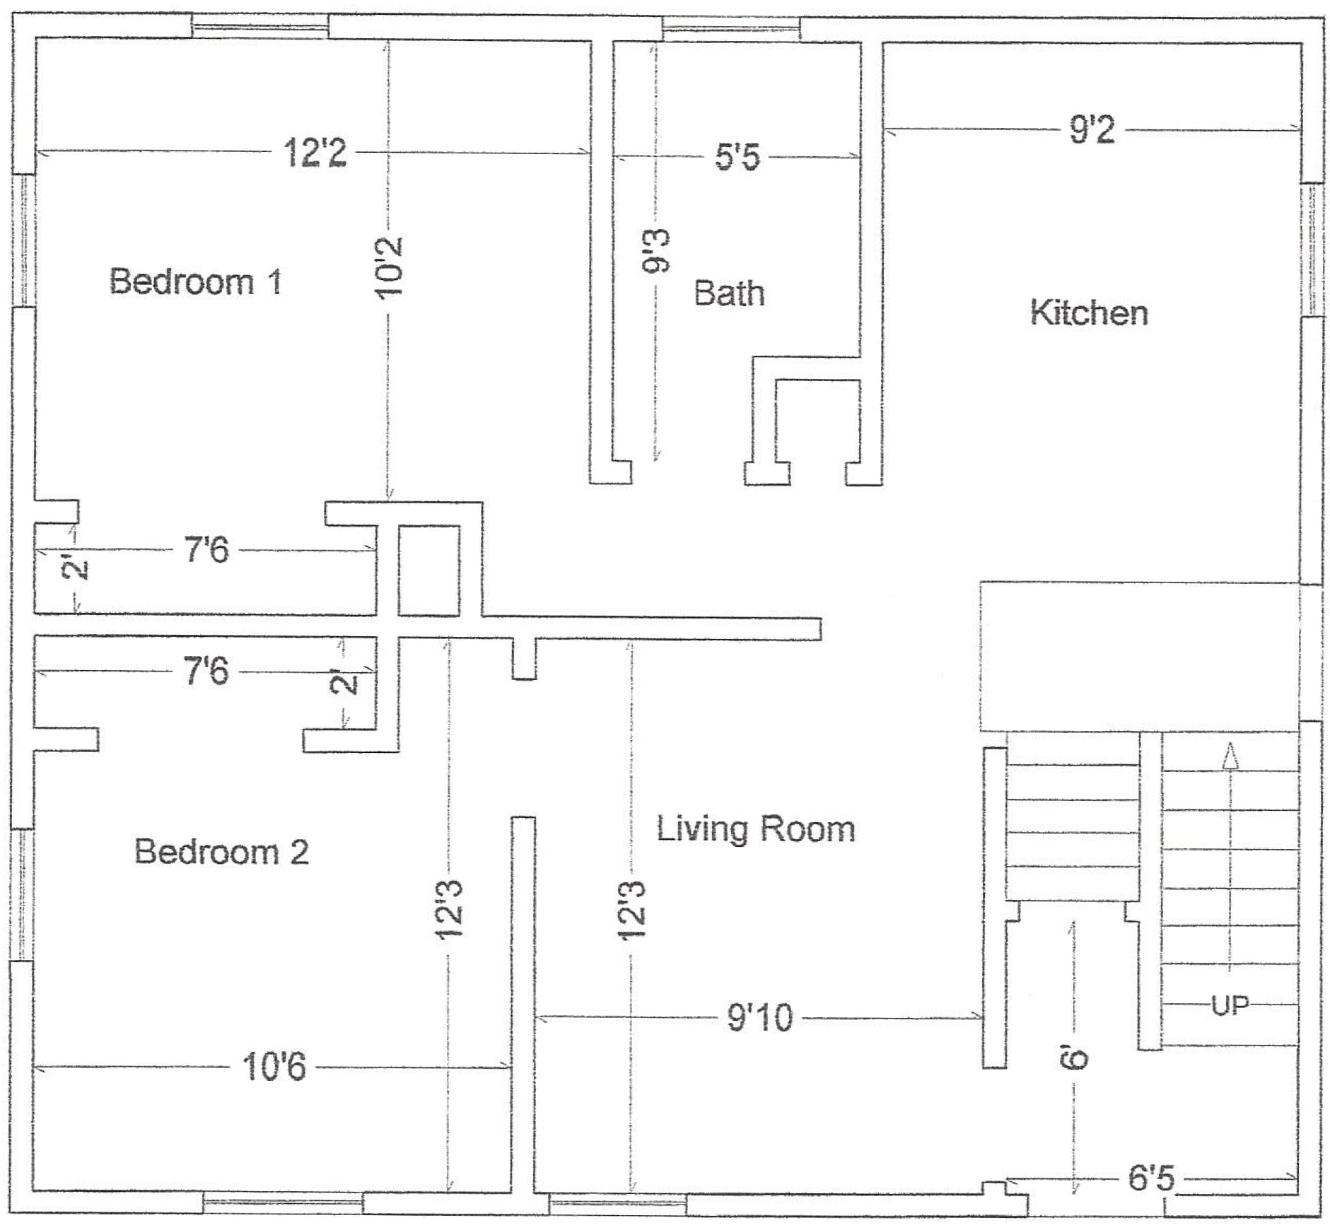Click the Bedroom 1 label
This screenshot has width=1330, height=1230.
click(196, 281)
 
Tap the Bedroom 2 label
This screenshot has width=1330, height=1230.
click(221, 851)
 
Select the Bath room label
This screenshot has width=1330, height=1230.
click(729, 293)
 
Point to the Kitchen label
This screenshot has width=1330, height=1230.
click(1089, 312)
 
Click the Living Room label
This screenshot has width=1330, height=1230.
click(756, 828)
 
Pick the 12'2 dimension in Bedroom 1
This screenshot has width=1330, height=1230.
click(315, 153)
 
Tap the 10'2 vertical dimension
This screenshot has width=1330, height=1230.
click(389, 266)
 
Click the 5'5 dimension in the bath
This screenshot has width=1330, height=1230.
click(737, 156)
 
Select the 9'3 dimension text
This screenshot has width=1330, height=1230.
click(655, 251)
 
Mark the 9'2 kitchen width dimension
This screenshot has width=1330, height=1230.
click(1092, 130)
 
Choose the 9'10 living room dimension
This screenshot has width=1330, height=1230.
click(760, 1018)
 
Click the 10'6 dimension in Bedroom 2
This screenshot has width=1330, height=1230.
click(274, 1067)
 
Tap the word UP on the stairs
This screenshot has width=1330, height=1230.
click(1230, 1005)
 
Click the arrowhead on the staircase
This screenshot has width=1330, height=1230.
click(1230, 754)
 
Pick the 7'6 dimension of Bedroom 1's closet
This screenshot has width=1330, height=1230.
click(207, 549)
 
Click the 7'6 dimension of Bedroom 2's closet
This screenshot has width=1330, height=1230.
click(206, 670)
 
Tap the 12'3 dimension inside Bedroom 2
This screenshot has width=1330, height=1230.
click(449, 909)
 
